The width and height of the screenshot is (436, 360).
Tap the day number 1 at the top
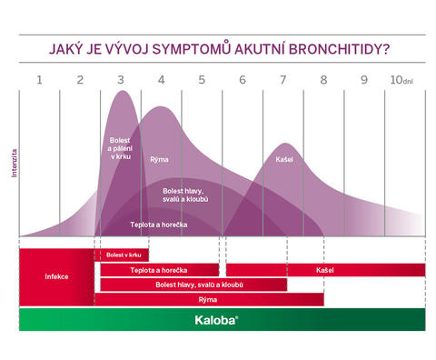tap(39, 79)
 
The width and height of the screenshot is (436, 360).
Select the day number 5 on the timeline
tap(202, 79)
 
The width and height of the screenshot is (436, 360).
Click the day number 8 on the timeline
tap(322, 79)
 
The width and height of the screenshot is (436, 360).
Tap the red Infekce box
tap(56, 275)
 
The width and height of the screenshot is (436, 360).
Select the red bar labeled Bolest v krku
tap(124, 255)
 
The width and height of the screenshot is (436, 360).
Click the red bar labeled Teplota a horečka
tap(159, 270)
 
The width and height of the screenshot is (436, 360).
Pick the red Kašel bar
tap(324, 270)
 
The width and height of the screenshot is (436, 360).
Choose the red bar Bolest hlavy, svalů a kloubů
tap(193, 285)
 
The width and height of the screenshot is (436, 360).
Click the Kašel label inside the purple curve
tap(284, 160)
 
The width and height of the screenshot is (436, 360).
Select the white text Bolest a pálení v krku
tap(119, 149)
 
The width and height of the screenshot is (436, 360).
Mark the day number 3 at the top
tap(121, 79)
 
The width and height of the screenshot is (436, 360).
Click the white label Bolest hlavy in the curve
tap(189, 195)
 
